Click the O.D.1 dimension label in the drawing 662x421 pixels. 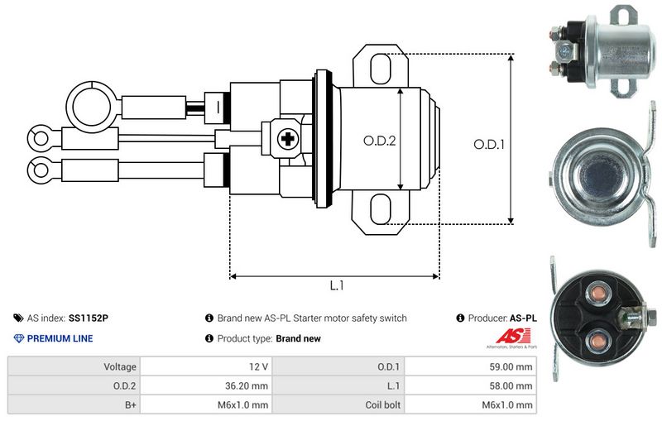pos(489,145)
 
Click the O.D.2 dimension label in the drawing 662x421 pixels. pos(380,141)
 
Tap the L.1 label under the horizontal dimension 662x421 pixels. pos(337,285)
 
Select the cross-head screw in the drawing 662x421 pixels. pos(288,138)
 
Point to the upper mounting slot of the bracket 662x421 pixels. pos(381,69)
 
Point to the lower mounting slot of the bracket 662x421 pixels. pos(381,209)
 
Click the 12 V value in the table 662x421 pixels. pos(258,366)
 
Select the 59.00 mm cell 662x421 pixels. pos(511,366)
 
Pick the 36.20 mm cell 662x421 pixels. pos(247,385)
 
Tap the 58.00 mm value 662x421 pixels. pos(511,385)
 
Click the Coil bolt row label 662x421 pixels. pos(382,404)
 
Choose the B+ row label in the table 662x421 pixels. pos(131,405)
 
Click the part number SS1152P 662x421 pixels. pos(89,318)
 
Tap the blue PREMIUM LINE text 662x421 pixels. pos(60,338)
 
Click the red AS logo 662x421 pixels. pos(512,336)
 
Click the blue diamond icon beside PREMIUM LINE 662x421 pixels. pos(19,338)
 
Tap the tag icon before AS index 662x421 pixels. pos(18,318)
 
